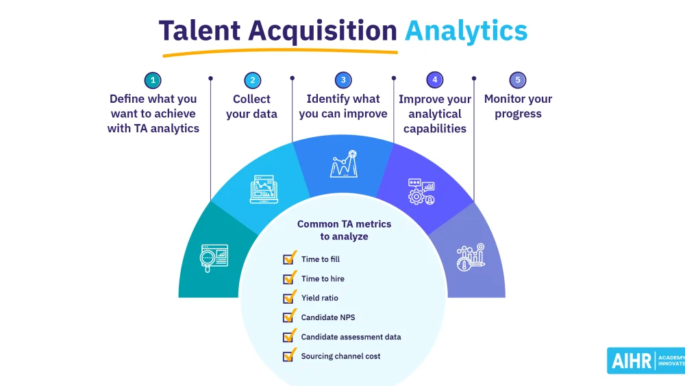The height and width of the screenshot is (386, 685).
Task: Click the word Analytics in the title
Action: pyautogui.click(x=466, y=32)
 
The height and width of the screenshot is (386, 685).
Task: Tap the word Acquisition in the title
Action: pyautogui.click(x=323, y=31)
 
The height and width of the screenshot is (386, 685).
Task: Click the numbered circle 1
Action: pyautogui.click(x=153, y=80)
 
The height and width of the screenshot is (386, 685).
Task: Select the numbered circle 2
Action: pyautogui.click(x=253, y=80)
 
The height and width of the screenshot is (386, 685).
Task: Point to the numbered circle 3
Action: pyautogui.click(x=343, y=80)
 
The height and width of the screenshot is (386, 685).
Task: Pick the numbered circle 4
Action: pyautogui.click(x=435, y=80)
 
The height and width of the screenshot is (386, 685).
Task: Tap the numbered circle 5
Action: pyautogui.click(x=518, y=80)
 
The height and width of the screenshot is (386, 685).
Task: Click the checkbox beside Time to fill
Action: pyautogui.click(x=290, y=258)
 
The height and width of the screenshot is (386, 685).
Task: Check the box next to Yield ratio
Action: pyautogui.click(x=290, y=298)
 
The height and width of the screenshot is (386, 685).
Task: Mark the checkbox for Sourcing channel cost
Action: pyautogui.click(x=290, y=355)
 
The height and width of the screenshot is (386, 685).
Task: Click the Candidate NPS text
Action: pyautogui.click(x=328, y=317)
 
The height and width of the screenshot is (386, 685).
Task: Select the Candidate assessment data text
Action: pyautogui.click(x=351, y=337)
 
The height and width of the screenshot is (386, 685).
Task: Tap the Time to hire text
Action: pyautogui.click(x=323, y=278)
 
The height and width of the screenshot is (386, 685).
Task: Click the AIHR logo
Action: pyautogui.click(x=646, y=361)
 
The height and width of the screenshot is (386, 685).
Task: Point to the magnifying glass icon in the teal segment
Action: pyautogui.click(x=214, y=258)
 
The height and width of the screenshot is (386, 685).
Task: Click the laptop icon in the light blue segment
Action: pyautogui.click(x=264, y=189)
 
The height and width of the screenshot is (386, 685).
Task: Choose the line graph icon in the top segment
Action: pyautogui.click(x=344, y=163)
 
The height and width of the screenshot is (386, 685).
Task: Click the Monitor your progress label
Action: pyautogui.click(x=518, y=106)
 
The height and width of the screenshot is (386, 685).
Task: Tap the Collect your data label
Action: pyautogui.click(x=251, y=106)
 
